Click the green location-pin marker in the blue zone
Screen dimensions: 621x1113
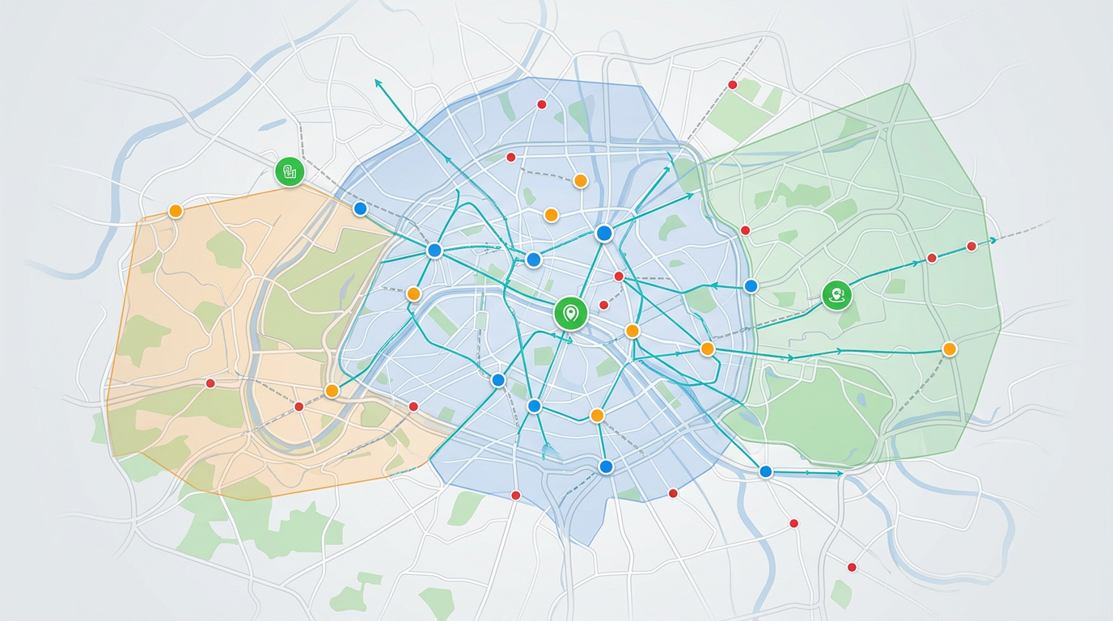[570, 313]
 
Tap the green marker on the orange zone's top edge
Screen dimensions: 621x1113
[289, 171]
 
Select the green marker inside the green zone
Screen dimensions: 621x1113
[836, 295]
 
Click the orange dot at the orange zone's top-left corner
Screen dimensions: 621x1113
[176, 211]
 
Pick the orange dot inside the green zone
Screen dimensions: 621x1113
[950, 349]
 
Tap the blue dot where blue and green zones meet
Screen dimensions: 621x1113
[751, 285]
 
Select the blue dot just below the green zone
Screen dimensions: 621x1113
[765, 471]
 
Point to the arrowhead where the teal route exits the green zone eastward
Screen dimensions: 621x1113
[992, 241]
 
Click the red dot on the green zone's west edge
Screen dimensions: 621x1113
[745, 230]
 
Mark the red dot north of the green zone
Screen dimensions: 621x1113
[732, 85]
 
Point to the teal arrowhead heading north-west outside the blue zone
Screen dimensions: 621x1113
[377, 81]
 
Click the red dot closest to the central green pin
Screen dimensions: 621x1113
[603, 305]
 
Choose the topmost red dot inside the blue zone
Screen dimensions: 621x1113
[542, 104]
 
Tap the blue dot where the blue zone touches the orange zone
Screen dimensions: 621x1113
[361, 209]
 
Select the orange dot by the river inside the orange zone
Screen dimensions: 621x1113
[331, 391]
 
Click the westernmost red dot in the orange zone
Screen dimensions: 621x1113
[210, 383]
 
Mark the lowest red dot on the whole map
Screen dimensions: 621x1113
[852, 567]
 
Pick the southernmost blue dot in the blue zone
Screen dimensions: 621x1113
[606, 466]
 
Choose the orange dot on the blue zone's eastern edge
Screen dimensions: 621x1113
[707, 349]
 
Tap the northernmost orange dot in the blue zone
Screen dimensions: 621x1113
[580, 181]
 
